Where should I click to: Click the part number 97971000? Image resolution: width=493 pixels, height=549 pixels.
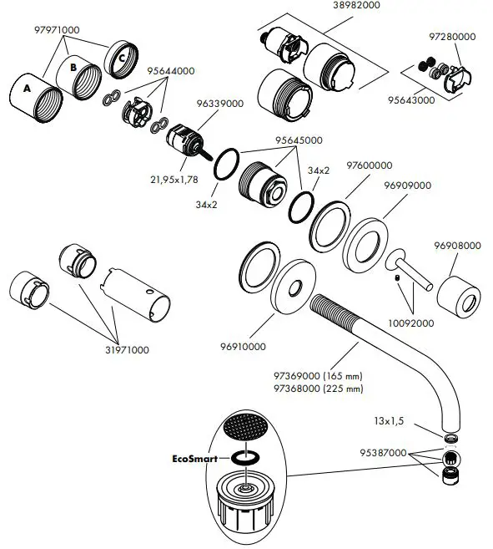[57, 30]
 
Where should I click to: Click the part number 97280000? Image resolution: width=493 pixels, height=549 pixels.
[452, 37]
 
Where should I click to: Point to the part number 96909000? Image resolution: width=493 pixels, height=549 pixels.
[407, 185]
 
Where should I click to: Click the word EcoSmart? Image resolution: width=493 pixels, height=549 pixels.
[198, 458]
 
